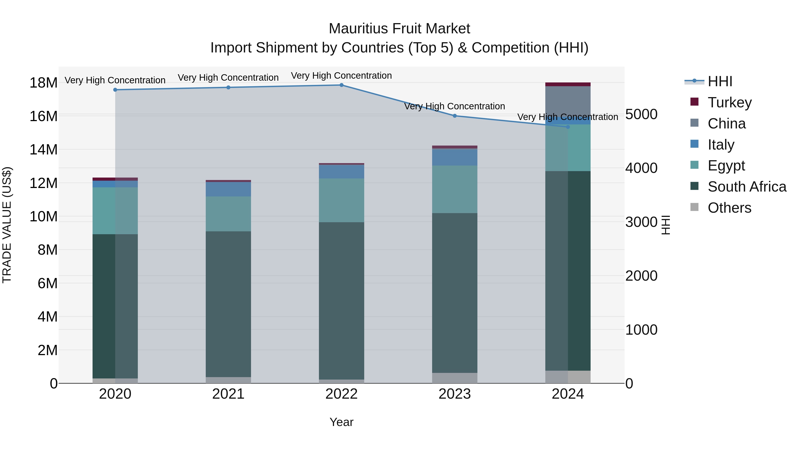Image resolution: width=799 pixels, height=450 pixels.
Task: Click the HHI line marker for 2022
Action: [x=342, y=85]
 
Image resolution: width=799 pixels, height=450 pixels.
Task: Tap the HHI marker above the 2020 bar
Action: [x=115, y=90]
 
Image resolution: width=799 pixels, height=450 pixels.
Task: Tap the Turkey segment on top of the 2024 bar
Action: [x=568, y=84]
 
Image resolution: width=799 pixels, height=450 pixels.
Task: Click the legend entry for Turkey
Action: [x=729, y=102]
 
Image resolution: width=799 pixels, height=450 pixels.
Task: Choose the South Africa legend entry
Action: [x=747, y=187]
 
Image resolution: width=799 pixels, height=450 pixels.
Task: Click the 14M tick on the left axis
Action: [x=44, y=150]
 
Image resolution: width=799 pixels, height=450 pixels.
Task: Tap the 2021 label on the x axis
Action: [x=228, y=394]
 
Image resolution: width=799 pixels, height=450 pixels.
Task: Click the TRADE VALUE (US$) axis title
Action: [x=7, y=225]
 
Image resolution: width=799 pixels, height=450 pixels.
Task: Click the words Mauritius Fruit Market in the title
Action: [x=399, y=29]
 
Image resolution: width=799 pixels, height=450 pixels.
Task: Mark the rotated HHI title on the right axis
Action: [x=666, y=225]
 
